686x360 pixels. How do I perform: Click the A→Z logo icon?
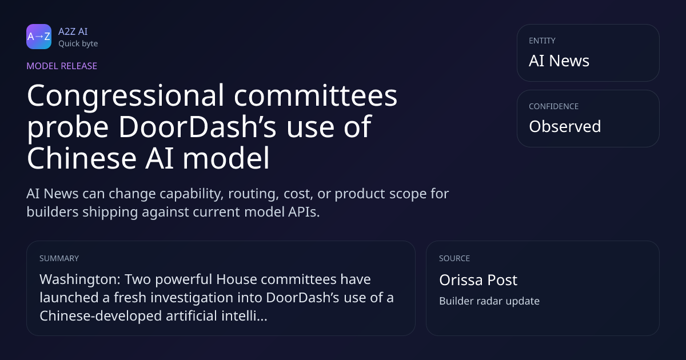click(x=39, y=37)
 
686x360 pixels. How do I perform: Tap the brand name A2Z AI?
click(x=73, y=31)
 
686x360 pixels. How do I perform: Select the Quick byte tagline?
click(x=78, y=44)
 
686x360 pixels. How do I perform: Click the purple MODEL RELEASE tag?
click(x=62, y=66)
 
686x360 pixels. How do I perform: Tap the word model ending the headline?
click(x=226, y=158)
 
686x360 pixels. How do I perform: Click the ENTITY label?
click(x=542, y=41)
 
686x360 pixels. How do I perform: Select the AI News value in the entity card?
click(x=559, y=61)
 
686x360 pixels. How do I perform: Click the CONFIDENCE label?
click(x=554, y=106)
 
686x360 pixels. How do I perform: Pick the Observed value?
click(x=565, y=126)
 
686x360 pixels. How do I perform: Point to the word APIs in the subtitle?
click(x=304, y=212)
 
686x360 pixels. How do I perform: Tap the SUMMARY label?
click(x=59, y=258)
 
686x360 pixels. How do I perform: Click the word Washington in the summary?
click(x=80, y=280)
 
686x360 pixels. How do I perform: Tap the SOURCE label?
click(x=454, y=258)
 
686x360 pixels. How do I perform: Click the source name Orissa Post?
click(x=478, y=280)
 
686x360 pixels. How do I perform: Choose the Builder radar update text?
click(x=489, y=301)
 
